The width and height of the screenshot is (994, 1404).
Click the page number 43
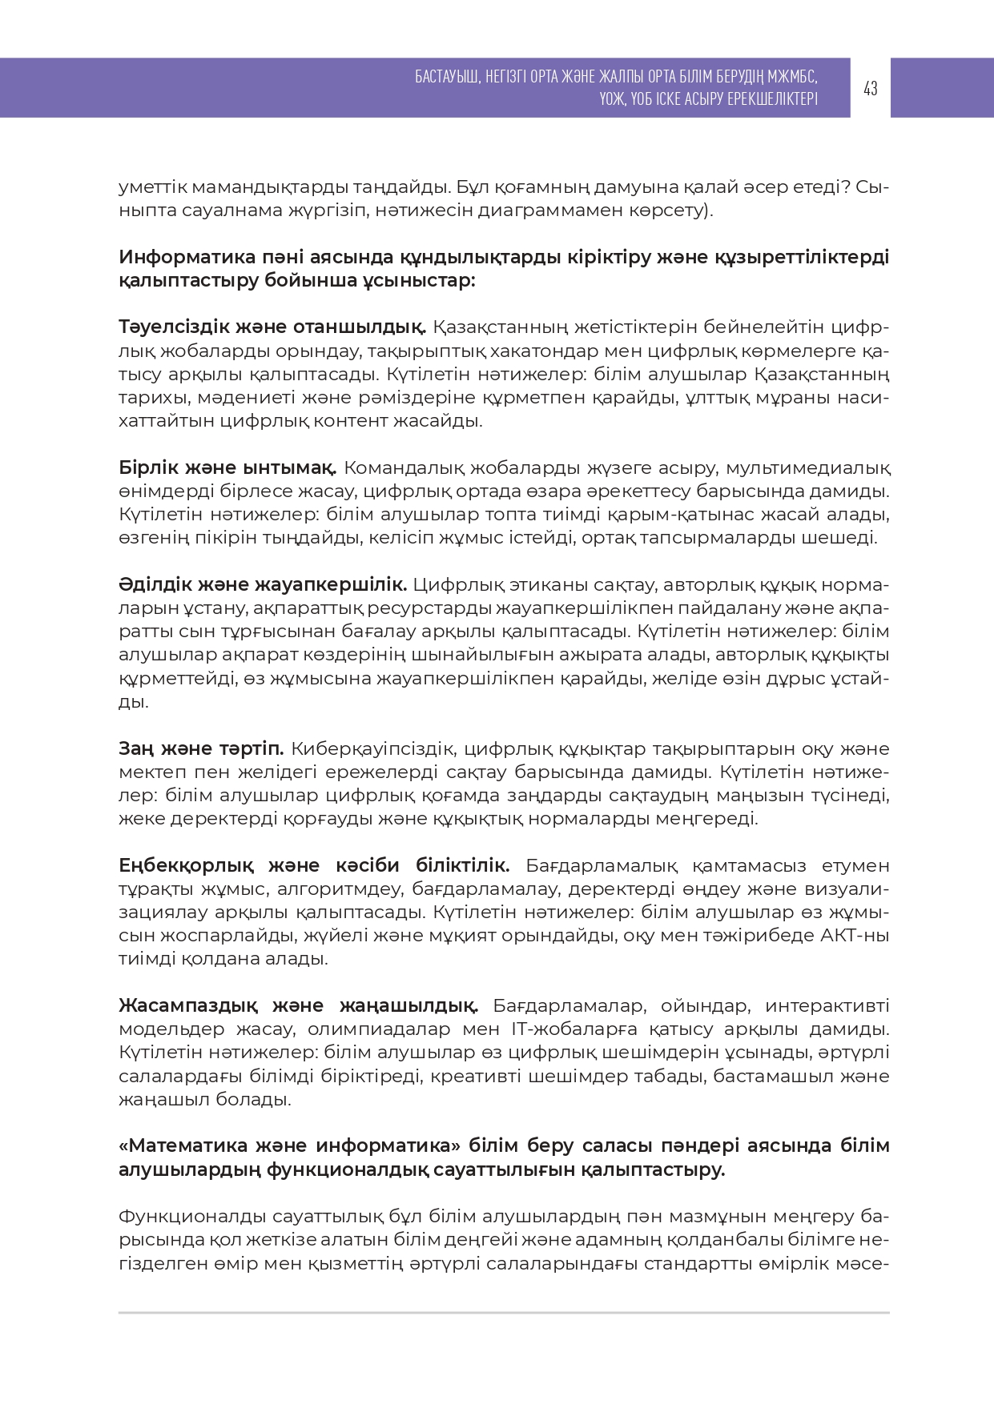point(871,88)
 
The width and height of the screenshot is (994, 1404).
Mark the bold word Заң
point(136,748)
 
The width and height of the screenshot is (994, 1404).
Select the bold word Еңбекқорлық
point(186,865)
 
